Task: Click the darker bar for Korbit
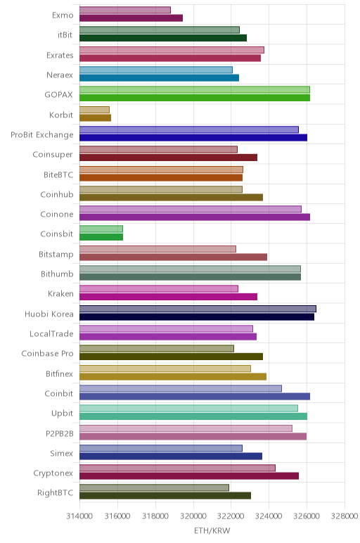pyautogui.click(x=95, y=117)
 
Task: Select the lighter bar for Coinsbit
pyautogui.click(x=101, y=229)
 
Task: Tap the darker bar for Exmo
pyautogui.click(x=131, y=18)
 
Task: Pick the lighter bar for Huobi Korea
pyautogui.click(x=198, y=309)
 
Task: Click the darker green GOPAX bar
pyautogui.click(x=195, y=98)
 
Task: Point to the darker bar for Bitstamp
pyautogui.click(x=174, y=257)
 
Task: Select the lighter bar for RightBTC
pyautogui.click(x=155, y=487)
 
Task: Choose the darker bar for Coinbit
pyautogui.click(x=195, y=397)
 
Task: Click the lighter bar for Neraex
pyautogui.click(x=156, y=70)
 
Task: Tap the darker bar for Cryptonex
pyautogui.click(x=189, y=476)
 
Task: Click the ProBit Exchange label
pyautogui.click(x=42, y=135)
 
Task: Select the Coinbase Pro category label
pyautogui.click(x=47, y=354)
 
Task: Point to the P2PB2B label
pyautogui.click(x=60, y=433)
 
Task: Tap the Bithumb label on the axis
pyautogui.click(x=57, y=274)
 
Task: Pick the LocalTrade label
pyautogui.click(x=51, y=334)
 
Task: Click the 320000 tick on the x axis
pyautogui.click(x=193, y=516)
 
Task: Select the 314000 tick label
pyautogui.click(x=79, y=516)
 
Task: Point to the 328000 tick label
pyautogui.click(x=345, y=516)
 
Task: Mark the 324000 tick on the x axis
pyautogui.click(x=269, y=516)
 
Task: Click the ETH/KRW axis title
pyautogui.click(x=212, y=530)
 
